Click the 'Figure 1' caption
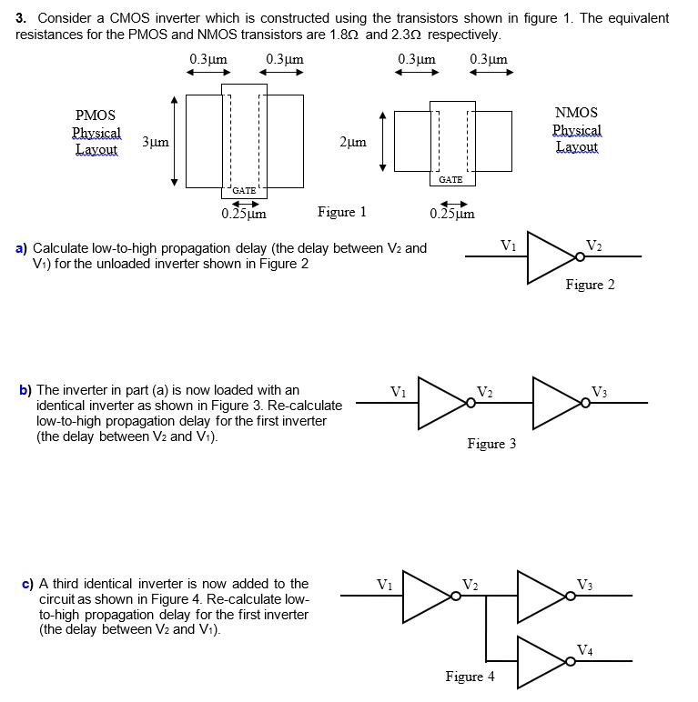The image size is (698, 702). (x=342, y=212)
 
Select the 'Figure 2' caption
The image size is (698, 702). (x=590, y=285)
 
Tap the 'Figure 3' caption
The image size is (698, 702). (x=491, y=444)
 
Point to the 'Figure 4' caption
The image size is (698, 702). (x=470, y=676)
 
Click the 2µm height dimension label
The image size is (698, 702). (x=352, y=143)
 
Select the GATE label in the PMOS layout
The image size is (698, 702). (x=243, y=190)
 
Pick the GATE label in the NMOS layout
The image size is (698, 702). (x=450, y=179)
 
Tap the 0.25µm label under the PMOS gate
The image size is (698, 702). (x=243, y=215)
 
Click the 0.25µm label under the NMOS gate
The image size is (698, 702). (x=452, y=215)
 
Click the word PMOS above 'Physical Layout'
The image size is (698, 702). (x=96, y=115)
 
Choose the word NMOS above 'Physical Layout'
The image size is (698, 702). (x=576, y=113)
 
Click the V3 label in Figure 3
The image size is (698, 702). (x=599, y=392)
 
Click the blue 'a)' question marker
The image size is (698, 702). (x=23, y=248)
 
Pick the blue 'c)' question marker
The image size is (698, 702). (x=26, y=584)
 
